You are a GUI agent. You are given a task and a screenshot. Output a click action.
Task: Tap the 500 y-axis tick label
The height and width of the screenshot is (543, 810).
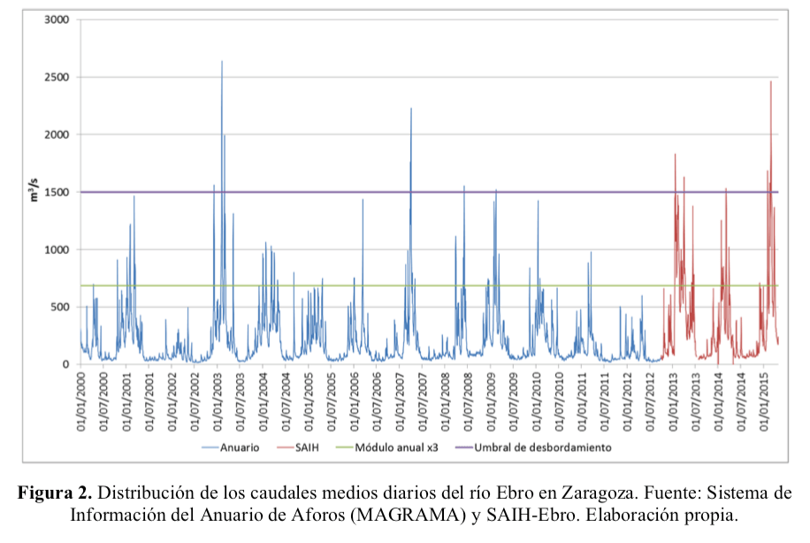[x=61, y=307]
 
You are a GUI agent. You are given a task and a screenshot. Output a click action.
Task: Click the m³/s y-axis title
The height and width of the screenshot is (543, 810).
[x=34, y=191]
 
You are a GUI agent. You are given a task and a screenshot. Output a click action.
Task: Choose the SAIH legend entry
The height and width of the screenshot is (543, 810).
[x=325, y=447]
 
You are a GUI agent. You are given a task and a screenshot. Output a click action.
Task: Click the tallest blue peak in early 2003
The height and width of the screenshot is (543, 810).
[x=222, y=62]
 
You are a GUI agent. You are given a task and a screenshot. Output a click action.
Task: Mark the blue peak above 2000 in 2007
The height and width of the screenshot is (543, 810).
[x=411, y=109]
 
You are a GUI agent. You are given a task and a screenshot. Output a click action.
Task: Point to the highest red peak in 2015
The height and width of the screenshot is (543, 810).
[x=771, y=82]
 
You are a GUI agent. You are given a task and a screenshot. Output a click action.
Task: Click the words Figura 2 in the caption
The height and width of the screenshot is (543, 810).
[x=56, y=493]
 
